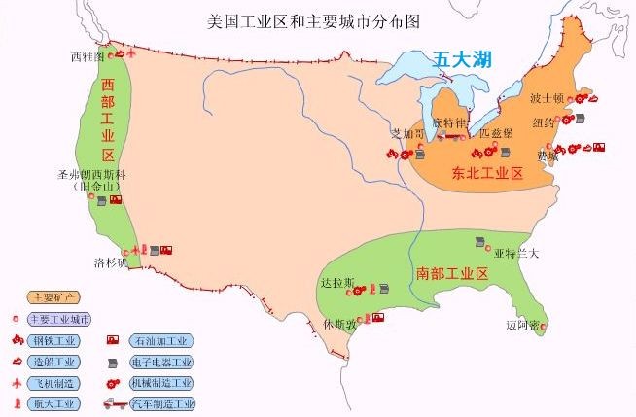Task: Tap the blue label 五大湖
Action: tap(462, 59)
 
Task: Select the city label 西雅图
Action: tap(88, 56)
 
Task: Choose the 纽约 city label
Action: tap(544, 122)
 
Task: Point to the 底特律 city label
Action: tap(450, 123)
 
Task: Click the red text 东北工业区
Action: tap(487, 174)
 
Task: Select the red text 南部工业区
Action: tap(451, 273)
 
